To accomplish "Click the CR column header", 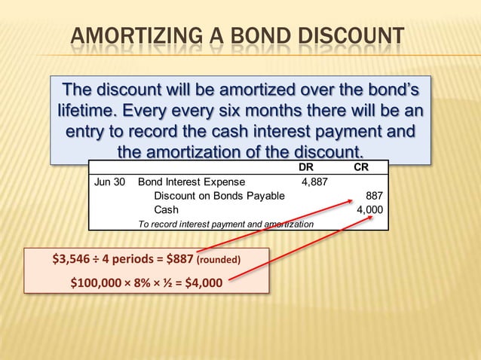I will click(x=361, y=167).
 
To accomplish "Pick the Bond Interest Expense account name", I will click(x=191, y=182).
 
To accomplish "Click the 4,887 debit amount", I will click(x=314, y=182).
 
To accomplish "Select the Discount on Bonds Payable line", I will click(x=219, y=196).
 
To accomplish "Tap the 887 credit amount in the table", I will click(x=373, y=196).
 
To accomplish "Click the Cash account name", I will click(x=167, y=210).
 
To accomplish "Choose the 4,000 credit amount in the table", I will click(x=369, y=210).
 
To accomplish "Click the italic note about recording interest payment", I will click(x=226, y=224).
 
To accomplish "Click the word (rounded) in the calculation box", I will click(x=218, y=261).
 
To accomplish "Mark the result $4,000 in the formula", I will click(x=204, y=284).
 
